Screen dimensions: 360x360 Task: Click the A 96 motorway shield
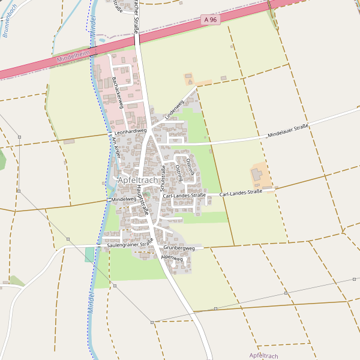pyautogui.click(x=209, y=20)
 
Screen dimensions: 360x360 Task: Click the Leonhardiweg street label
pyautogui.click(x=130, y=131)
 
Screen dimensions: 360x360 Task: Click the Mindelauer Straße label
pyautogui.click(x=288, y=130)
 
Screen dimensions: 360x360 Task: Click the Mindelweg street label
pyautogui.click(x=124, y=199)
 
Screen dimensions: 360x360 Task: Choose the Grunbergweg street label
pyautogui.click(x=179, y=248)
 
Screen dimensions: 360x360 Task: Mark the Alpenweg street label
pyautogui.click(x=172, y=257)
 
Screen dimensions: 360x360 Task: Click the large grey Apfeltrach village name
pyautogui.click(x=137, y=180)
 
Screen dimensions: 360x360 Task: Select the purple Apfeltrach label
pyautogui.click(x=266, y=355)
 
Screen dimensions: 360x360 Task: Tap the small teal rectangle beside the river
pyautogui.click(x=89, y=254)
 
